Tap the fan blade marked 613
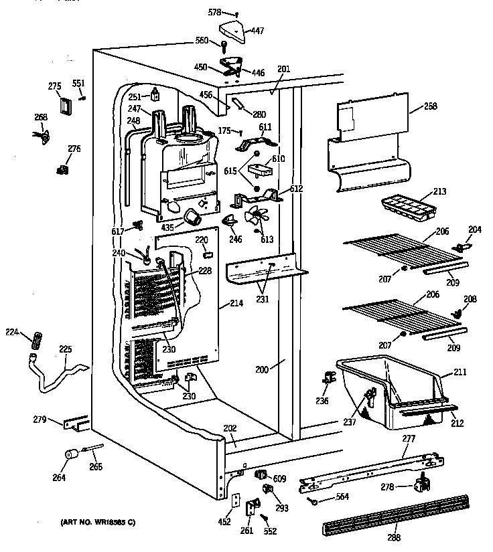(255, 218)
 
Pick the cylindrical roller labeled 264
(68, 456)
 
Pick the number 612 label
(296, 189)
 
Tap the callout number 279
(40, 420)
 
